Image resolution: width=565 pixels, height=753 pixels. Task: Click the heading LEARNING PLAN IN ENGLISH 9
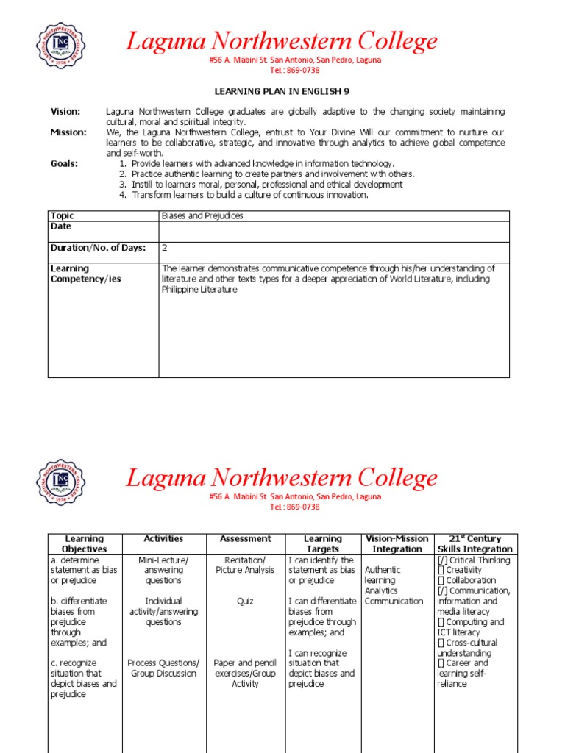click(282, 91)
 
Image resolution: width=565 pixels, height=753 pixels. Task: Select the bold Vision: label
click(65, 112)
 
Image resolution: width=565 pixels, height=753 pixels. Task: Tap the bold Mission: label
click(68, 132)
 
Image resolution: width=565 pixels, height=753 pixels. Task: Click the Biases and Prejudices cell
click(202, 215)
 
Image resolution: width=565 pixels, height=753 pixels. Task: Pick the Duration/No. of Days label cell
click(99, 248)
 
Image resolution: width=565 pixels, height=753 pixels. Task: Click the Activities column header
click(164, 539)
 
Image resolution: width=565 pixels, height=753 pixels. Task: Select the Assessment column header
click(245, 539)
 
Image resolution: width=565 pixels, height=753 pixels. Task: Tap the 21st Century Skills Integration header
click(475, 543)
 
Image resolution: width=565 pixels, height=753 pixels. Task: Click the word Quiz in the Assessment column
click(245, 601)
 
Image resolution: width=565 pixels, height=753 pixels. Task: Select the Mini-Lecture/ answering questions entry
click(164, 570)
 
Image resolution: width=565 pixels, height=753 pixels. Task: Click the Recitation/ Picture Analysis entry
click(245, 565)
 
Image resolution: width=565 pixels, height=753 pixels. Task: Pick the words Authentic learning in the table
click(383, 575)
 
